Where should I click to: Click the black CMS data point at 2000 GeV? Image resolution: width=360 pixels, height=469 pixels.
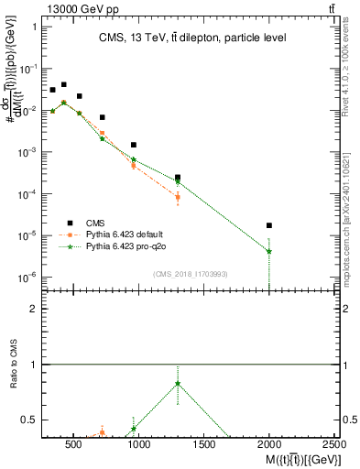[269, 225]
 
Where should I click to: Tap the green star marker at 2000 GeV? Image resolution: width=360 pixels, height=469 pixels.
[269, 251]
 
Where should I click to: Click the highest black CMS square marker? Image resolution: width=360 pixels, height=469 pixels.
[63, 84]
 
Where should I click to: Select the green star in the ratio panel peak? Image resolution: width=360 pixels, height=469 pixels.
[178, 384]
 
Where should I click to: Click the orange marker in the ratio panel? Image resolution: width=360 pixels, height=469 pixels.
[103, 432]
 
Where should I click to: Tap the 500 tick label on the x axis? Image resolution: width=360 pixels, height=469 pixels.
[75, 446]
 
